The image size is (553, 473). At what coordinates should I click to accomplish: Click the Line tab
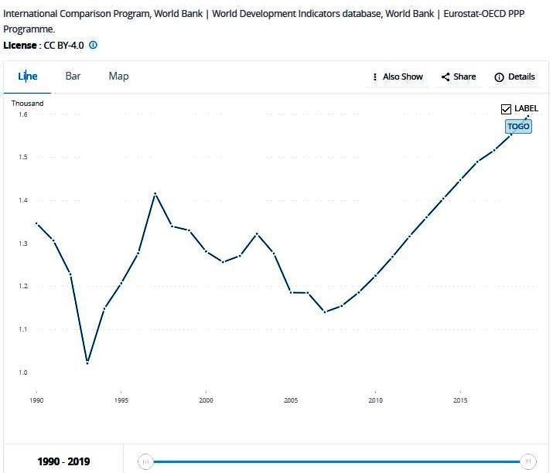pyautogui.click(x=28, y=77)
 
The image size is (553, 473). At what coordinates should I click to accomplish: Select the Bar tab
pyautogui.click(x=73, y=76)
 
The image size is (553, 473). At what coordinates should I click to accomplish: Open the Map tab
pyautogui.click(x=118, y=76)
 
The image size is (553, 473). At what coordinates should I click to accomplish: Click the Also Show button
pyautogui.click(x=398, y=77)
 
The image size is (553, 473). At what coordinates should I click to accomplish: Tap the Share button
pyautogui.click(x=459, y=77)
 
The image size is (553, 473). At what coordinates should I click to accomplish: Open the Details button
pyautogui.click(x=514, y=77)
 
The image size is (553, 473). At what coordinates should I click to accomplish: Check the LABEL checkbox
pyautogui.click(x=507, y=109)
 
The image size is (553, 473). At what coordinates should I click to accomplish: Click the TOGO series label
pyautogui.click(x=518, y=126)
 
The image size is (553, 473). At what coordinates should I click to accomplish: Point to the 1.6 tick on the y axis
pyautogui.click(x=22, y=114)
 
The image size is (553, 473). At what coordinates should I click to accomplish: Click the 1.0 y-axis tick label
pyautogui.click(x=22, y=373)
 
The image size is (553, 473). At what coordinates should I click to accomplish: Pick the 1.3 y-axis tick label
pyautogui.click(x=22, y=243)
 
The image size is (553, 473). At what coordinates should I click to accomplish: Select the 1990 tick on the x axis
pyautogui.click(x=36, y=401)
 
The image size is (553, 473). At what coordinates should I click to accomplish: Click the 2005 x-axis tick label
pyautogui.click(x=291, y=401)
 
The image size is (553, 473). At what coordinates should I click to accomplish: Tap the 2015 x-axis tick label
pyautogui.click(x=460, y=401)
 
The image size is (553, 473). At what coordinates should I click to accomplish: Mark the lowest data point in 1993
pyautogui.click(x=87, y=362)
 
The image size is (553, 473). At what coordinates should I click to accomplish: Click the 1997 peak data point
pyautogui.click(x=155, y=193)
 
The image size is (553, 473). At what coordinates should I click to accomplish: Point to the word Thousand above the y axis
pyautogui.click(x=27, y=103)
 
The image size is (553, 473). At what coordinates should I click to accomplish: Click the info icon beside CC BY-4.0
pyautogui.click(x=94, y=45)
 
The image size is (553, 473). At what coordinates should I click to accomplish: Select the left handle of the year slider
pyautogui.click(x=145, y=461)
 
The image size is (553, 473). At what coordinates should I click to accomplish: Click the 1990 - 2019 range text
pyautogui.click(x=63, y=462)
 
